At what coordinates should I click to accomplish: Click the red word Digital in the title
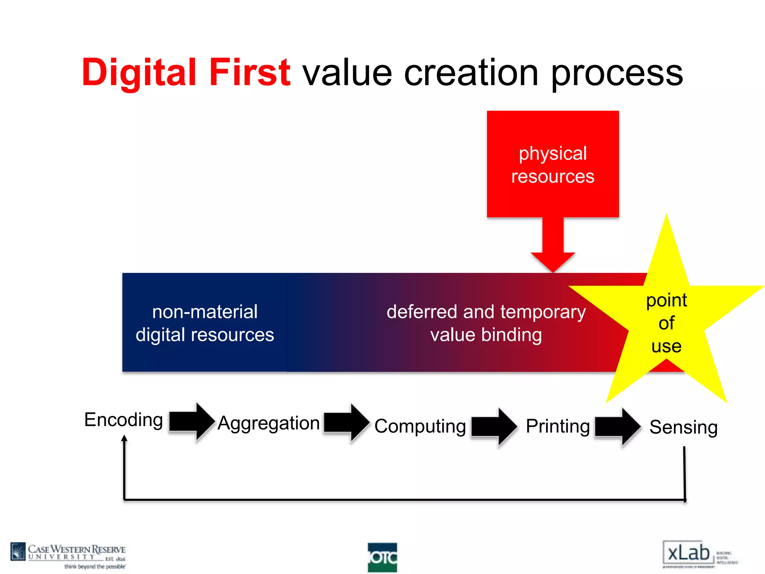[139, 73]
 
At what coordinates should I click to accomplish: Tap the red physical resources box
[552, 164]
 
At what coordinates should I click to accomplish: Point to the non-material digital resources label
[205, 323]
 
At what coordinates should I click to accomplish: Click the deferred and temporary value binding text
[486, 323]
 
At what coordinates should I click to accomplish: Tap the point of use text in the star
[666, 323]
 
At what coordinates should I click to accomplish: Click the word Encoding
[123, 420]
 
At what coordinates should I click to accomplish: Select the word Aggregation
[268, 423]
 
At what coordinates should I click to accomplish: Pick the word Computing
[420, 426]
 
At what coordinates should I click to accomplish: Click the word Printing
[558, 426]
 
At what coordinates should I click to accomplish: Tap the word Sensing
[684, 427]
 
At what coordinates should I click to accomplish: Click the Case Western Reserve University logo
[68, 556]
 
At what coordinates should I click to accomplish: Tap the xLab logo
[689, 553]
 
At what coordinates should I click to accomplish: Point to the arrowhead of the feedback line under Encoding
[124, 438]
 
